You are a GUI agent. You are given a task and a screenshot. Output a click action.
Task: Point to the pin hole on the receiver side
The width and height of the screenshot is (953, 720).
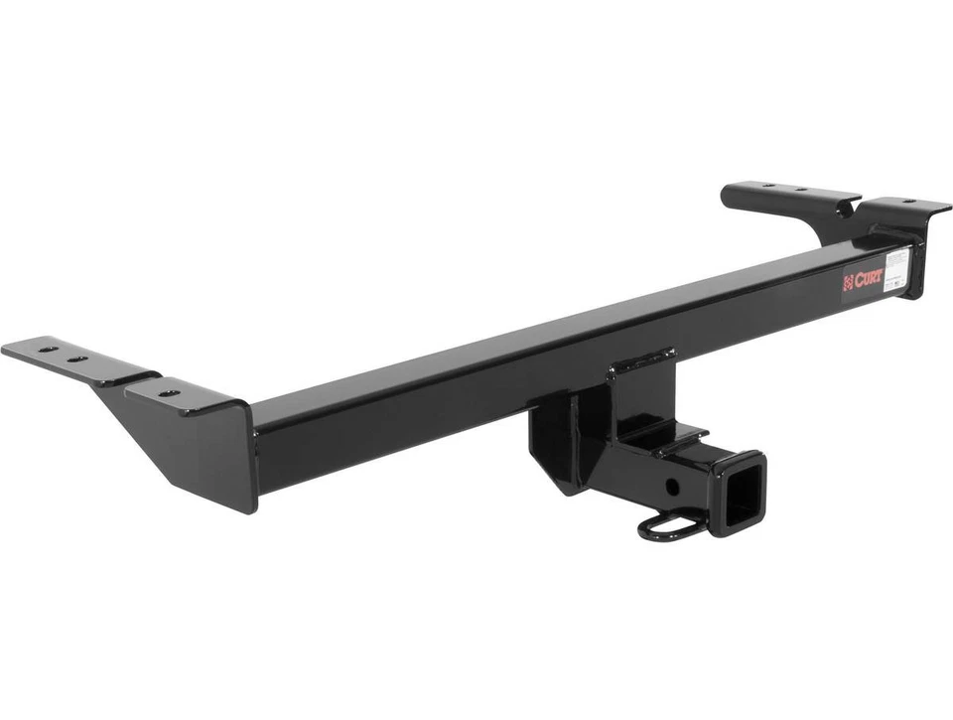(674, 487)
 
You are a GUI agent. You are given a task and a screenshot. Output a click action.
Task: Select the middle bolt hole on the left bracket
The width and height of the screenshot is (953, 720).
(76, 358)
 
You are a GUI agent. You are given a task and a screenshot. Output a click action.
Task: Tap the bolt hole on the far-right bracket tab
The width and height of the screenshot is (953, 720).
(905, 203)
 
